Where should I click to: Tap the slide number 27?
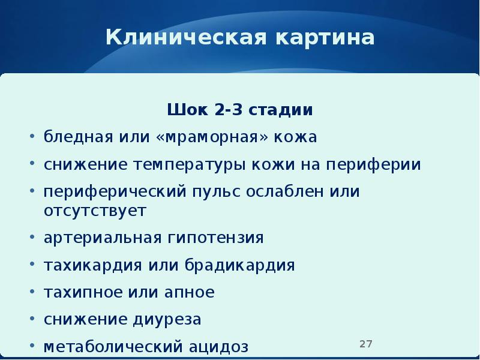pyautogui.click(x=366, y=344)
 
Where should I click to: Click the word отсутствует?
pyautogui.click(x=95, y=211)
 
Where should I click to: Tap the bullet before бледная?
pyautogui.click(x=31, y=137)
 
